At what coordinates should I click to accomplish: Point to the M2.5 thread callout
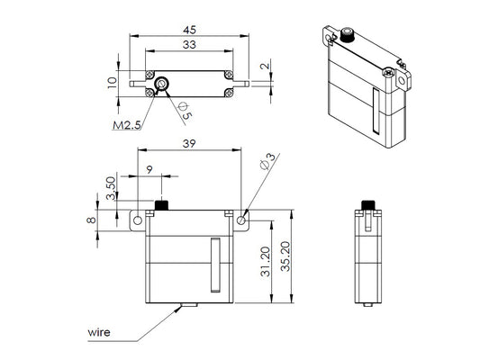(126, 124)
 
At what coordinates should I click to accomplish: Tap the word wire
(99, 332)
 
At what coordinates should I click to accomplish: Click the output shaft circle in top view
(160, 84)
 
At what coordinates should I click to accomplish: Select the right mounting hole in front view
(242, 218)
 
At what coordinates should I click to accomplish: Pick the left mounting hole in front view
(139, 218)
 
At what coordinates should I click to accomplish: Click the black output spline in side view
(367, 204)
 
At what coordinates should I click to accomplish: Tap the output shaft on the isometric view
(345, 39)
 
